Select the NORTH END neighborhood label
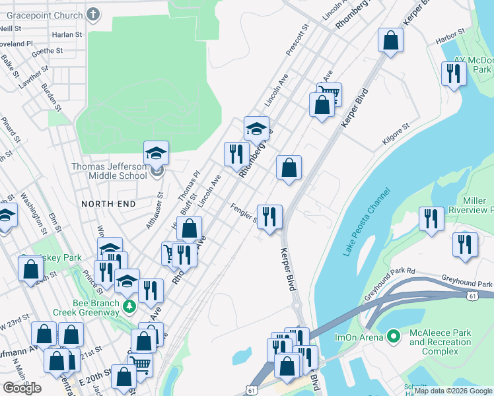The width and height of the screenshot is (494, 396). [108, 204]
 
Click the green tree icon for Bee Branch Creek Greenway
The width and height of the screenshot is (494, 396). [130, 306]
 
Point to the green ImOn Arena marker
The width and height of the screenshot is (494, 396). [394, 337]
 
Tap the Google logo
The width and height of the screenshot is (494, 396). [22, 388]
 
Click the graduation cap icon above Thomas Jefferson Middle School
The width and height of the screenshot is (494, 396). [157, 153]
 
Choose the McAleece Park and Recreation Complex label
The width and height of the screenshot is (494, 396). [440, 342]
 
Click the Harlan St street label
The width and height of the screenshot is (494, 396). [69, 34]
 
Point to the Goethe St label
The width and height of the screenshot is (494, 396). [46, 50]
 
